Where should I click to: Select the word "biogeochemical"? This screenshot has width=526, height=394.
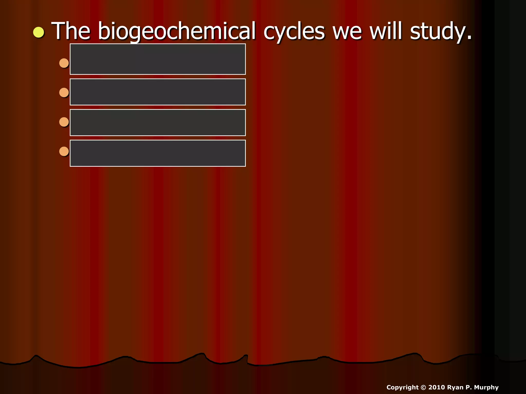click(177, 31)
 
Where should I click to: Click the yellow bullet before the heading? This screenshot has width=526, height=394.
click(39, 32)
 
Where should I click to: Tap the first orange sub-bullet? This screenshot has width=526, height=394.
click(64, 63)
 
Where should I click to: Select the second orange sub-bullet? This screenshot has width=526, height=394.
click(64, 93)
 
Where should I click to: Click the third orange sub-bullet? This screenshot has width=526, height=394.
click(64, 122)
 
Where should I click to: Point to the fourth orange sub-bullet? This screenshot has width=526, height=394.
click(64, 152)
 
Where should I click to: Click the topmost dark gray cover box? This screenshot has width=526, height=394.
click(158, 59)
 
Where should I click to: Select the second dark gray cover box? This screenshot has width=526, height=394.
click(158, 92)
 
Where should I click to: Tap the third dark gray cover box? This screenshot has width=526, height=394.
click(158, 122)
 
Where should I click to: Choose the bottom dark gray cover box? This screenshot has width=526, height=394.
click(158, 153)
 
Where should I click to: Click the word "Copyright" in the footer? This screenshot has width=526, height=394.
click(402, 387)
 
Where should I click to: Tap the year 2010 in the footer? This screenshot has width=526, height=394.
click(437, 387)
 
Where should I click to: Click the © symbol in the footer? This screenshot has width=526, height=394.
click(423, 387)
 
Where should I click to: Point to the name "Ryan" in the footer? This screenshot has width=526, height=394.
click(455, 387)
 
